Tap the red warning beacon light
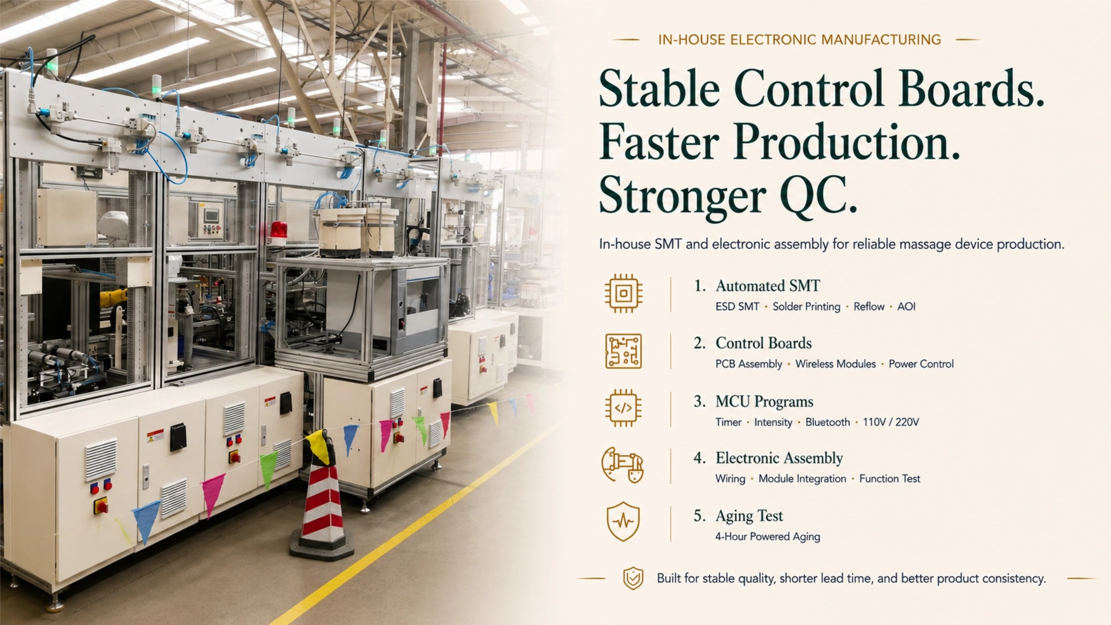pyautogui.click(x=278, y=232)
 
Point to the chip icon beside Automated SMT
pyautogui.click(x=623, y=294)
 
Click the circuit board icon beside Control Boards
pyautogui.click(x=623, y=351)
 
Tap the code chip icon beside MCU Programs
pyautogui.click(x=623, y=408)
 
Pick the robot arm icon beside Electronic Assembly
pyautogui.click(x=623, y=465)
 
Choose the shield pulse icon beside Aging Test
pyautogui.click(x=623, y=521)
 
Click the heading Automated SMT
pyautogui.click(x=768, y=286)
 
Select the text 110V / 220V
pyautogui.click(x=891, y=422)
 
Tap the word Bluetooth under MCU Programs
pyautogui.click(x=828, y=422)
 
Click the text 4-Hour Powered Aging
pyautogui.click(x=768, y=537)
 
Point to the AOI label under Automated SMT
pyautogui.click(x=906, y=307)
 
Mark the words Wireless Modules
pyautogui.click(x=835, y=364)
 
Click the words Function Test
pyautogui.click(x=890, y=479)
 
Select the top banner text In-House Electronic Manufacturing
pyautogui.click(x=799, y=40)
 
